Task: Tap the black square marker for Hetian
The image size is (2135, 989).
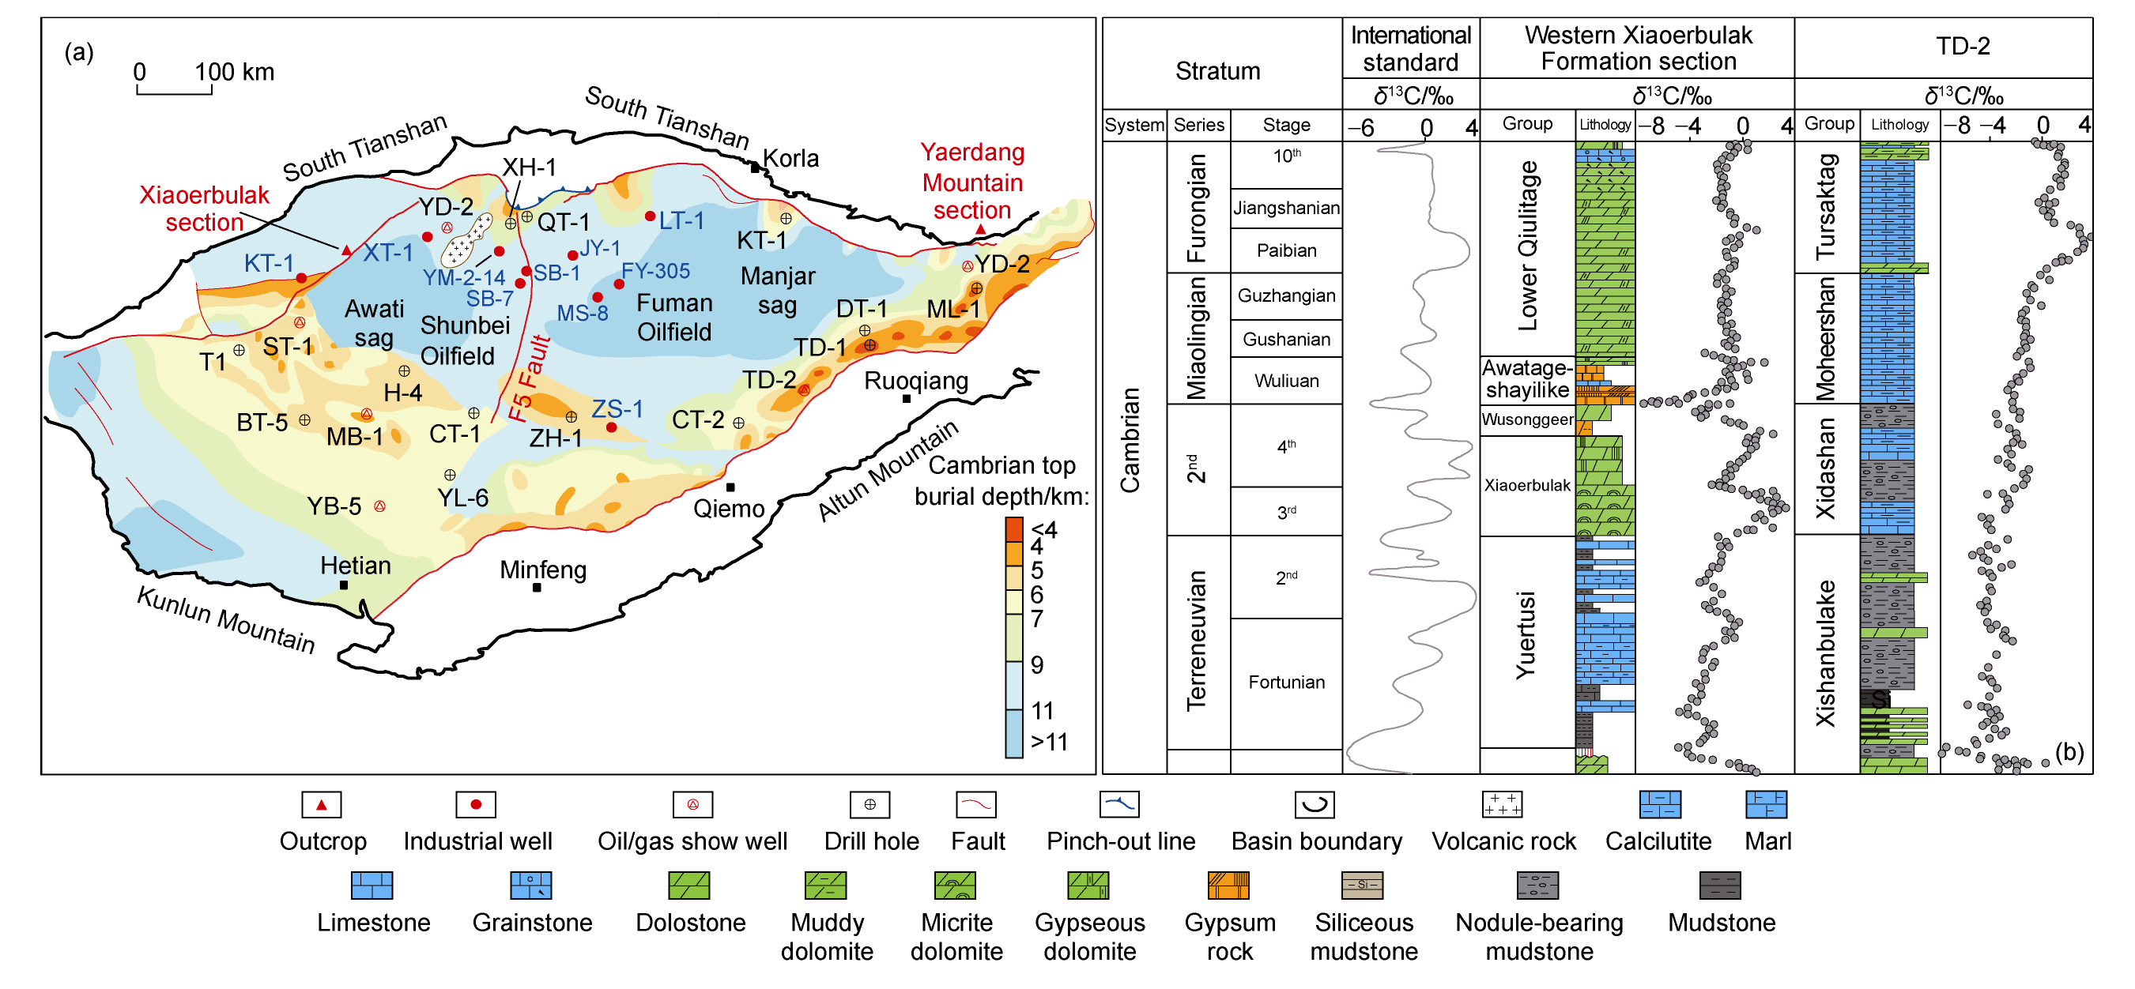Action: (x=344, y=585)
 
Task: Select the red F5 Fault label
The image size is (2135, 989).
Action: (x=530, y=378)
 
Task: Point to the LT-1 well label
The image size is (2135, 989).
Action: (x=681, y=220)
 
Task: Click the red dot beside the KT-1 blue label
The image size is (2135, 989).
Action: (x=302, y=278)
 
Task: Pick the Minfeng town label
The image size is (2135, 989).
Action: (x=543, y=570)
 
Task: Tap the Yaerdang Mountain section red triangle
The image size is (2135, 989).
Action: (x=980, y=229)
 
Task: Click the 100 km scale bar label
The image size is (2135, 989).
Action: (x=234, y=72)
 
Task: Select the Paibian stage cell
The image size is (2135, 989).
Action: (x=1285, y=250)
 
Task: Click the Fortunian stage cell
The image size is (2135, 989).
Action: (x=1285, y=683)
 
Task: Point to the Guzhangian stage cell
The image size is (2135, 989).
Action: (x=1285, y=295)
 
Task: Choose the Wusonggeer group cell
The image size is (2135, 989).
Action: (x=1526, y=419)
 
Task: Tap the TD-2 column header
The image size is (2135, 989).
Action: (x=1962, y=47)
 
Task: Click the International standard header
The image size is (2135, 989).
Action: (x=1410, y=48)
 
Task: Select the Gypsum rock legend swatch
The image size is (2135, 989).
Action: (x=1228, y=886)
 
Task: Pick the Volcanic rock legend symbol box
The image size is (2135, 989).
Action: (x=1502, y=804)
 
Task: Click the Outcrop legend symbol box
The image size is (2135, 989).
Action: (x=322, y=804)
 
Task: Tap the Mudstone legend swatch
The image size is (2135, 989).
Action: (x=1720, y=886)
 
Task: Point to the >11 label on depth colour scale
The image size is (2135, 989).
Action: (x=1049, y=743)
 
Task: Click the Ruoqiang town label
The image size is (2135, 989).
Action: (x=916, y=381)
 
